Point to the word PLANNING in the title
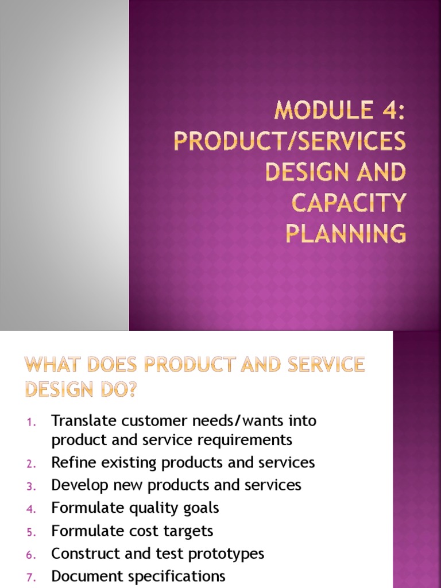click(x=346, y=234)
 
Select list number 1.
click(x=32, y=421)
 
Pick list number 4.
click(x=31, y=509)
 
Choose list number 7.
click(x=31, y=577)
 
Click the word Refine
click(x=71, y=462)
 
